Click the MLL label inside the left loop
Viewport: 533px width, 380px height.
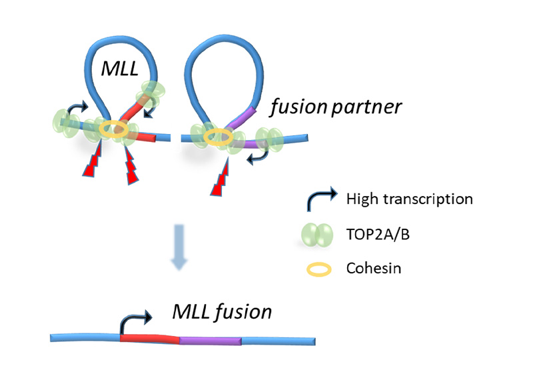click(120, 69)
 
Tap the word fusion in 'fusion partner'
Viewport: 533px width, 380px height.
click(298, 107)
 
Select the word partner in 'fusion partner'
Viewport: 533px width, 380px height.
click(366, 108)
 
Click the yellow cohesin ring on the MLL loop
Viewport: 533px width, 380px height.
click(114, 129)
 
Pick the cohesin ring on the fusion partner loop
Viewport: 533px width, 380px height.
click(219, 137)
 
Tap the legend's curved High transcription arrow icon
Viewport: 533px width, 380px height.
click(321, 199)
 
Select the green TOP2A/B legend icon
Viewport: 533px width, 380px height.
click(317, 235)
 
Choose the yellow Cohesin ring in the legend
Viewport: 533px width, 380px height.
click(319, 269)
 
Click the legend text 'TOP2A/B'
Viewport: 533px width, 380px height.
click(378, 235)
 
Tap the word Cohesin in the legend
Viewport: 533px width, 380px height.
click(374, 268)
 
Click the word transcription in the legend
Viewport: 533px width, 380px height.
click(428, 199)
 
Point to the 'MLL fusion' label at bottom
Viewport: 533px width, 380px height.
click(223, 311)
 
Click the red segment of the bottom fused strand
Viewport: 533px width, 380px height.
click(149, 339)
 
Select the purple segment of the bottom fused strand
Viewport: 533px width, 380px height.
click(211, 341)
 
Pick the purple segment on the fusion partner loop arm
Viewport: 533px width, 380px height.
click(242, 117)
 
